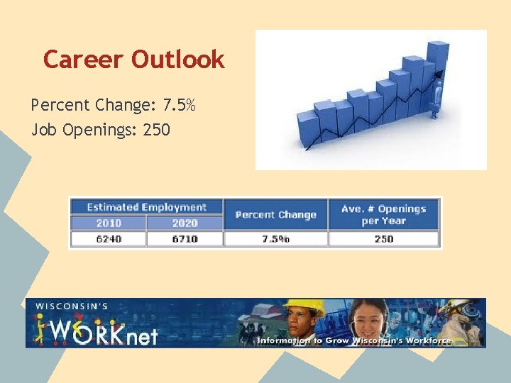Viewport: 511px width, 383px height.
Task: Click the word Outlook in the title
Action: [177, 60]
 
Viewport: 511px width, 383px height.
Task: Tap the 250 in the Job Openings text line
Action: [157, 130]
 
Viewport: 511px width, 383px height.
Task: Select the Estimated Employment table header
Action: [146, 207]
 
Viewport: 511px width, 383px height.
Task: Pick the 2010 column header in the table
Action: [109, 223]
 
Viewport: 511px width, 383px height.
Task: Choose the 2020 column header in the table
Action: [185, 223]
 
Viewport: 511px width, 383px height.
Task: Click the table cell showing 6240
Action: [109, 239]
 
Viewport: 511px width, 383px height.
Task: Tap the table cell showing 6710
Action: [185, 239]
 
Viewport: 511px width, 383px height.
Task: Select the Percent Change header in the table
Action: [275, 214]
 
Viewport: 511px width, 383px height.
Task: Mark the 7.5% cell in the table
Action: [275, 239]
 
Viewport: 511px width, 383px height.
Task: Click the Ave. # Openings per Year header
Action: [383, 214]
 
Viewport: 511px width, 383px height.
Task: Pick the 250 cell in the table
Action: [383, 239]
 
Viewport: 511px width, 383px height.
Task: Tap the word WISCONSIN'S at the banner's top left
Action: [71, 306]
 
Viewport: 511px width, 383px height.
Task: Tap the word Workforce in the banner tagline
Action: [424, 340]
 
